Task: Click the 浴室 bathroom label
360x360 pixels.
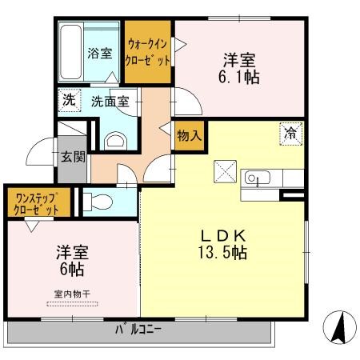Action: pyautogui.click(x=100, y=54)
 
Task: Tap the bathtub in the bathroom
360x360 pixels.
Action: pyautogui.click(x=70, y=52)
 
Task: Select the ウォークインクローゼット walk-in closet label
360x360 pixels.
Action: pyautogui.click(x=147, y=52)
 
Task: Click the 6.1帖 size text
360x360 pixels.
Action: pyautogui.click(x=238, y=78)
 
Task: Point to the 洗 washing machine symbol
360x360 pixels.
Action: pyautogui.click(x=70, y=100)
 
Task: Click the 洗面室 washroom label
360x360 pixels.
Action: pyautogui.click(x=110, y=102)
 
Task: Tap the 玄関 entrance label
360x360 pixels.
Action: pyautogui.click(x=73, y=157)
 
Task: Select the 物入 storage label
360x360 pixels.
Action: pyautogui.click(x=189, y=136)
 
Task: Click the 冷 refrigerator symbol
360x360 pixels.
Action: pyautogui.click(x=291, y=134)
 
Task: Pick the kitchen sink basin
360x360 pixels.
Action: pyautogui.click(x=258, y=178)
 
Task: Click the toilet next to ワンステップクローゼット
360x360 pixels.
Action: pyautogui.click(x=98, y=202)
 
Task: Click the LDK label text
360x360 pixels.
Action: pyautogui.click(x=222, y=235)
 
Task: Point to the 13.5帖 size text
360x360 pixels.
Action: pyautogui.click(x=222, y=253)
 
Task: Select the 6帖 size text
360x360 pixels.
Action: pyautogui.click(x=72, y=270)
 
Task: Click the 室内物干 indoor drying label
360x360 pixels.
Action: pyautogui.click(x=72, y=294)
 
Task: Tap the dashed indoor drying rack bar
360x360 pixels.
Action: pyautogui.click(x=72, y=304)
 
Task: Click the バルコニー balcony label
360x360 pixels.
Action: pyautogui.click(x=138, y=330)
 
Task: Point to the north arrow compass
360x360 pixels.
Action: pyautogui.click(x=339, y=327)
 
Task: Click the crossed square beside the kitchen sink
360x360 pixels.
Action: pyautogui.click(x=225, y=171)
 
